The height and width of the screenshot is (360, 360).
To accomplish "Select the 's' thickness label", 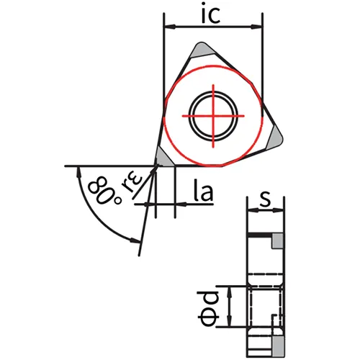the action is click(265, 199).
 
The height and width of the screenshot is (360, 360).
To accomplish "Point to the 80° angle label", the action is click(104, 191).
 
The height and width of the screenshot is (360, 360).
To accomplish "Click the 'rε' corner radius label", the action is click(132, 183).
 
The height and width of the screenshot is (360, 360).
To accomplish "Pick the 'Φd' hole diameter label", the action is click(208, 308).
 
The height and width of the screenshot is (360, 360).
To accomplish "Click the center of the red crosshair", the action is click(213, 116).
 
